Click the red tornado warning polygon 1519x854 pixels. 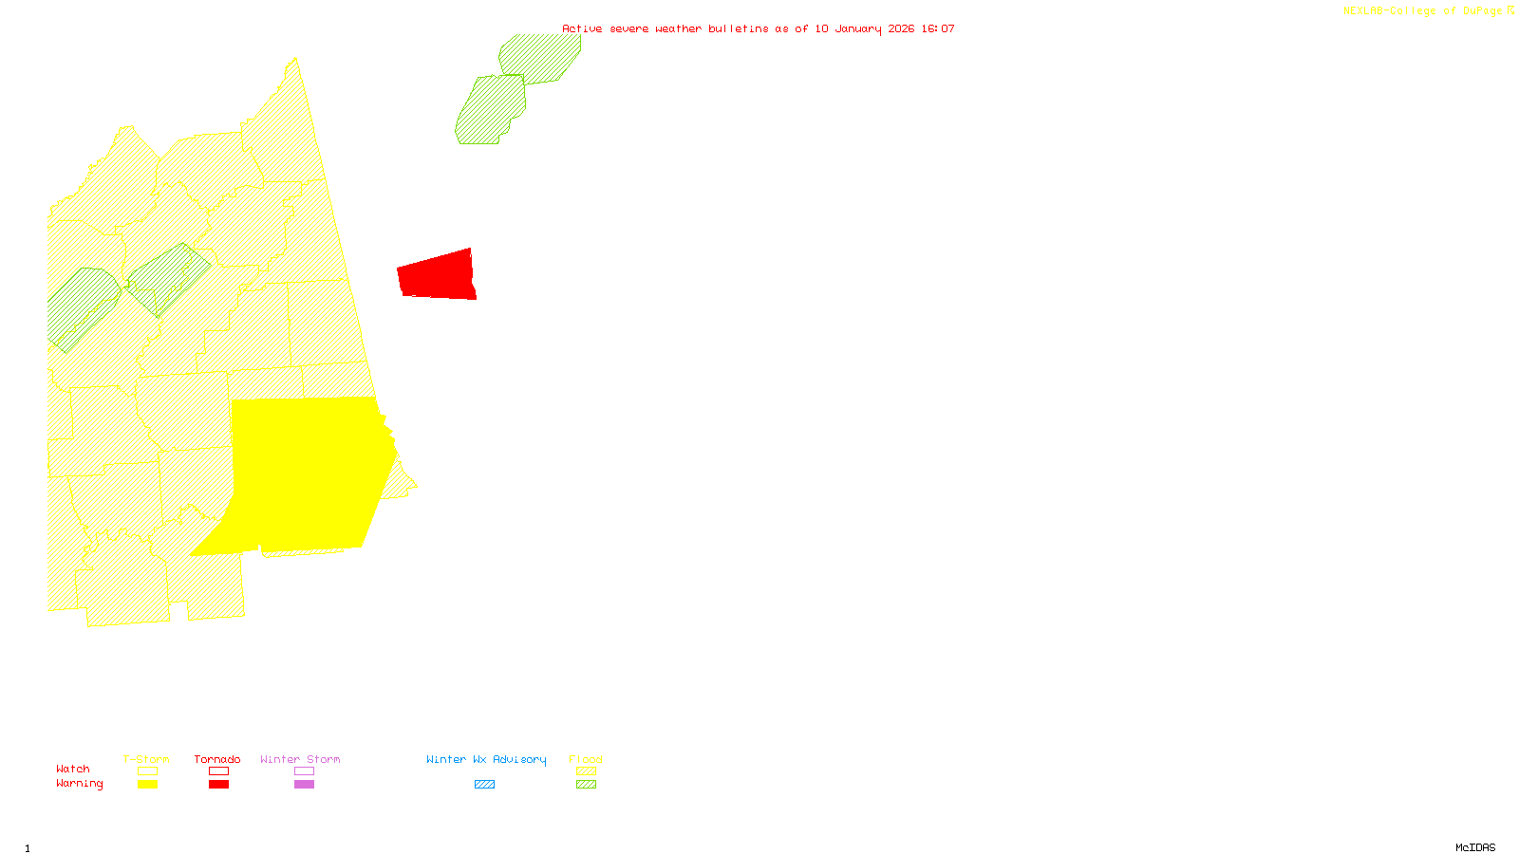click(437, 276)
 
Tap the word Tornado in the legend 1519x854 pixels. click(217, 759)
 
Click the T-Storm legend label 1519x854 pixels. click(146, 759)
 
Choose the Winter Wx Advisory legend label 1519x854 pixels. click(486, 759)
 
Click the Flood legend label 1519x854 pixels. click(586, 759)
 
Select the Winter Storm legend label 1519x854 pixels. click(300, 759)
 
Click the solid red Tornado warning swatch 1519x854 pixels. click(218, 784)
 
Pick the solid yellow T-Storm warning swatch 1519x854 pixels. click(147, 784)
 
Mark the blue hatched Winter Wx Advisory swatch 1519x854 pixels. click(484, 784)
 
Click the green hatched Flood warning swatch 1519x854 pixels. click(587, 784)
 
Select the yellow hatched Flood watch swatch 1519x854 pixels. click(587, 771)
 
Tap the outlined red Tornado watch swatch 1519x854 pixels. click(218, 771)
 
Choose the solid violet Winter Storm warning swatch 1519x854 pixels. click(304, 784)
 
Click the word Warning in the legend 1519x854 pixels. click(80, 784)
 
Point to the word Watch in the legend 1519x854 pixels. click(73, 769)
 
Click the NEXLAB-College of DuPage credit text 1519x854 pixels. click(1423, 10)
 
